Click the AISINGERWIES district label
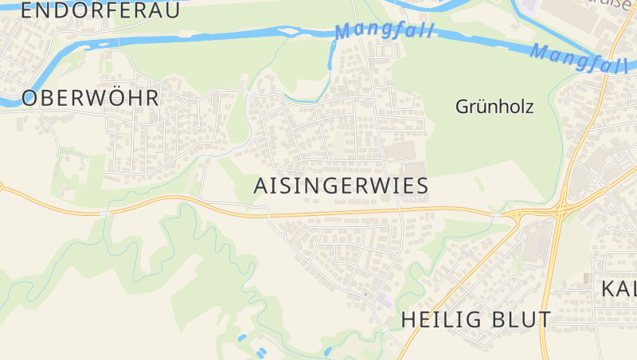point(341,186)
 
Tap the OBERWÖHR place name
point(90,99)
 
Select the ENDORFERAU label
point(100,10)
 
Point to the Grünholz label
point(494,106)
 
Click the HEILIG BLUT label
point(476,320)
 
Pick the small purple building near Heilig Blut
point(385,299)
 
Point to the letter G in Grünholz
point(463,106)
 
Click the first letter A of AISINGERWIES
point(260,186)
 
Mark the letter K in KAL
point(608,288)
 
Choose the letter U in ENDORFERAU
point(172,10)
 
